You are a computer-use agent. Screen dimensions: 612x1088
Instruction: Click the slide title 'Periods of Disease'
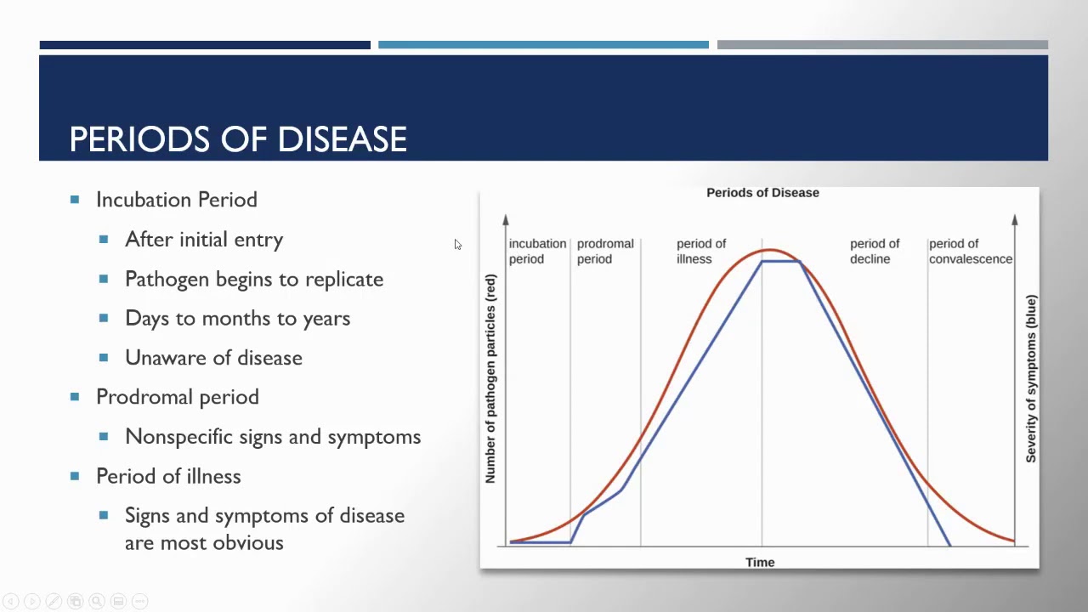238,139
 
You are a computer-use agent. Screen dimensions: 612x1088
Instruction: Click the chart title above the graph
762,193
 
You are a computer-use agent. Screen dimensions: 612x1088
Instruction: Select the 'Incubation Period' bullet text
176,200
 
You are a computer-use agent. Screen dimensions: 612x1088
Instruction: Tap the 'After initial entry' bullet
204,240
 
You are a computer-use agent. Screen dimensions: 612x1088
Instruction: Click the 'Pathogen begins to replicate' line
253,279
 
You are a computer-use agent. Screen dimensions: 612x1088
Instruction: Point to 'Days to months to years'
237,319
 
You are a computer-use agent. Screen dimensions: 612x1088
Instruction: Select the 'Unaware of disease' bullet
213,358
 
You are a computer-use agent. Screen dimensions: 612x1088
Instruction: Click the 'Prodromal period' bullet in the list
177,397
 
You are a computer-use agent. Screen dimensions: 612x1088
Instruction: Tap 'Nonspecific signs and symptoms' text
272,437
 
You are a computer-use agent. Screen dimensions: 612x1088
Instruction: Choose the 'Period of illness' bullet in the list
168,476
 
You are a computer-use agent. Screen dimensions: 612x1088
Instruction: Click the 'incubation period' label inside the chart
536,251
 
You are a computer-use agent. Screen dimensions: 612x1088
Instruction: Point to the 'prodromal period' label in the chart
604,251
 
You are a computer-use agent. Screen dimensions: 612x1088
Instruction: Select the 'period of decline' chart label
874,251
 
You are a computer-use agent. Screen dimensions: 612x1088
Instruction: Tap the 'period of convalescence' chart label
970,251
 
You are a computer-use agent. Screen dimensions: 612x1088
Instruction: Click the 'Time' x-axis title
760,562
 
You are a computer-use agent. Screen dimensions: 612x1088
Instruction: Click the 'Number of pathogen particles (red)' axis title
490,379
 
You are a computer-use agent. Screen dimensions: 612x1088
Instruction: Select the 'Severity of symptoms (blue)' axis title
1031,379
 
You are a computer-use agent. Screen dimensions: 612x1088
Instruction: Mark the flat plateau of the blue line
780,261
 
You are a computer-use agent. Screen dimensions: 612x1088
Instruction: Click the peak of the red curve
768,250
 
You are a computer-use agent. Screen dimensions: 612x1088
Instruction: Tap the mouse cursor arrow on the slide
457,245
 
